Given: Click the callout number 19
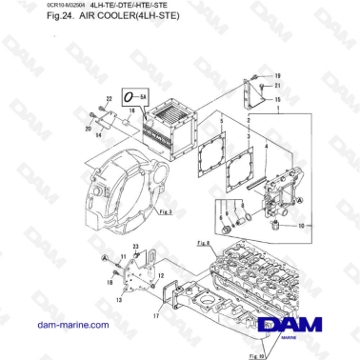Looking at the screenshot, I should click(x=278, y=75).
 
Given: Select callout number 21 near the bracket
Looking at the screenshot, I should click(x=278, y=86).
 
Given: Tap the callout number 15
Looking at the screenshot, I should click(x=278, y=98).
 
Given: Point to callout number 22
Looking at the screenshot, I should click(x=109, y=98).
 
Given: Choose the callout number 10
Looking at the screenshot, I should click(x=301, y=226).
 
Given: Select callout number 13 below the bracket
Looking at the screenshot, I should click(x=119, y=300).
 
